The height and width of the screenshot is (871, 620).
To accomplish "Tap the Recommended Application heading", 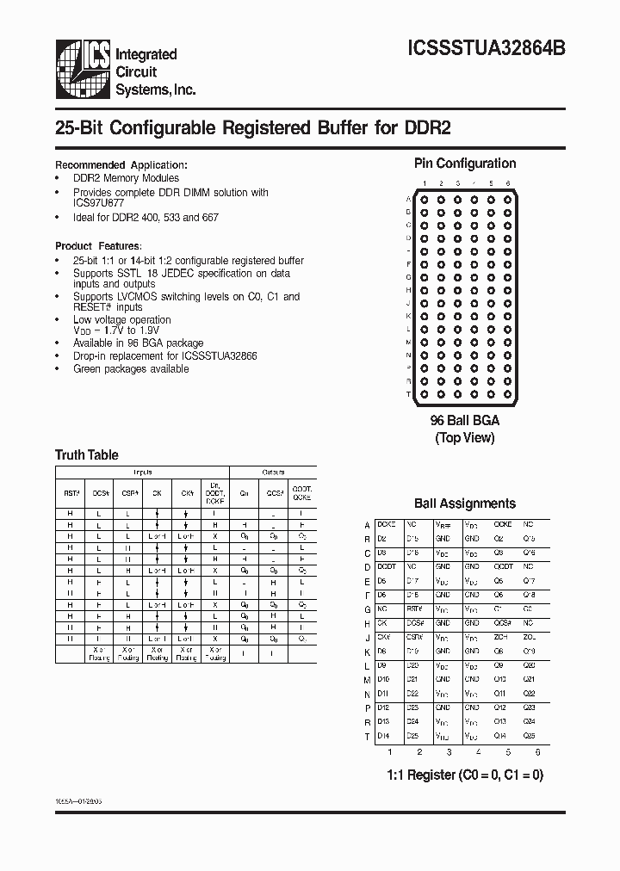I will pyautogui.click(x=121, y=164).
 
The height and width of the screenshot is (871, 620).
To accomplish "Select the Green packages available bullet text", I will pyautogui.click(x=131, y=368).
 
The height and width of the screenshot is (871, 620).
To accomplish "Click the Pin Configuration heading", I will pyautogui.click(x=465, y=164).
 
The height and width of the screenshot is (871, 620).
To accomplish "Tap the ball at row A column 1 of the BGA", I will pyautogui.click(x=423, y=200).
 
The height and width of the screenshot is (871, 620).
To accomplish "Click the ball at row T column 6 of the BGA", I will pyautogui.click(x=507, y=393).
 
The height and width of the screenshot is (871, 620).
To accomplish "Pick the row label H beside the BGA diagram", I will pyautogui.click(x=408, y=290).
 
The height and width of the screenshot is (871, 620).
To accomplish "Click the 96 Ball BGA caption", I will pyautogui.click(x=464, y=421).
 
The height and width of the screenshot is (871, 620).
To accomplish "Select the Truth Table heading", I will pyautogui.click(x=87, y=454).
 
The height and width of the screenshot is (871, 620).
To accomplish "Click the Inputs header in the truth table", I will pyautogui.click(x=142, y=473).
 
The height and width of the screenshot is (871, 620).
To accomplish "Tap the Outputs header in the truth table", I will pyautogui.click(x=273, y=473).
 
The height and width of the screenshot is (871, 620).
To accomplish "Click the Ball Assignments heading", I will pyautogui.click(x=465, y=503).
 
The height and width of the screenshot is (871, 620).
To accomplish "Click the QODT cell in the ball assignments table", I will pyautogui.click(x=503, y=566).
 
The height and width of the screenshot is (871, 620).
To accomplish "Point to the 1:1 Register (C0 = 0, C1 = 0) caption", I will pyautogui.click(x=464, y=775).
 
